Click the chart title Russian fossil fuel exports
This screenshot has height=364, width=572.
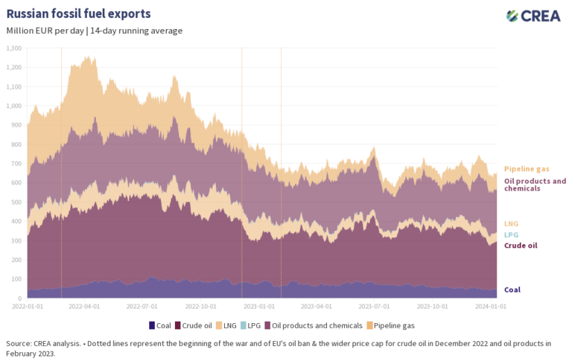(78, 14)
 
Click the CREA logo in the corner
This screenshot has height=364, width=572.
(533, 16)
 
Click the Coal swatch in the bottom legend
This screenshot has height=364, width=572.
(152, 325)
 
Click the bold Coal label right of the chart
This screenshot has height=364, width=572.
(512, 290)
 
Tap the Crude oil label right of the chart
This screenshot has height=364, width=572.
(521, 245)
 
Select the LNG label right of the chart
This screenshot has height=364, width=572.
(512, 223)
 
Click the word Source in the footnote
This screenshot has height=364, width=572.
(19, 343)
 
